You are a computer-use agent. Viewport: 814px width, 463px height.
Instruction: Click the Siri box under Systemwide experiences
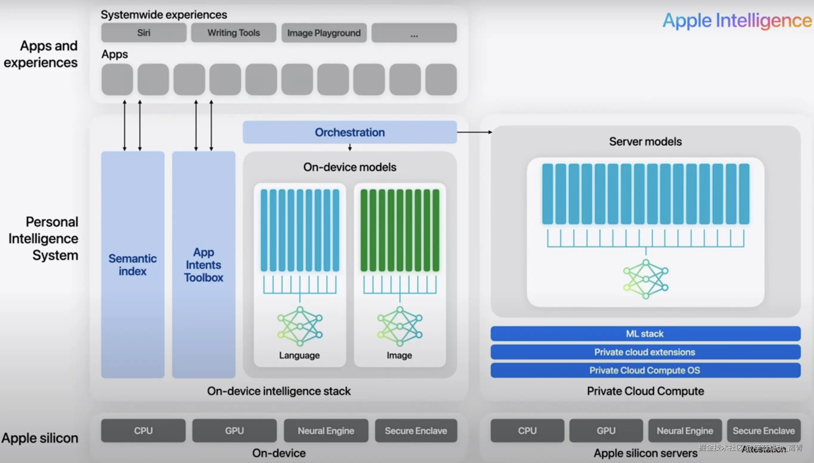pos(144,33)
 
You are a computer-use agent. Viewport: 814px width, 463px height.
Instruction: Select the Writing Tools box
pos(233,33)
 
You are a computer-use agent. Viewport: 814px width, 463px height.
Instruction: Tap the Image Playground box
pos(324,33)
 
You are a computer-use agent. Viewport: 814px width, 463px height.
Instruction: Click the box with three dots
pos(414,33)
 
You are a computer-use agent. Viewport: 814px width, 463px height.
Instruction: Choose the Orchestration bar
pos(350,132)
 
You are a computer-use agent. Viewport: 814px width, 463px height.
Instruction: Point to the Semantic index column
pos(133,265)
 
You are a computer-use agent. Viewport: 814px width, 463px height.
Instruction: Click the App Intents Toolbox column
pos(204,265)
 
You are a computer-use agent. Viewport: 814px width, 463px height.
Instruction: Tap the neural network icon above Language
pos(300,326)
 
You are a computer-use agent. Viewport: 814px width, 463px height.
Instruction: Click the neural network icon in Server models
pos(646,279)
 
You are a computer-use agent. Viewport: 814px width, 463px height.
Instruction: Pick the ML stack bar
pos(645,334)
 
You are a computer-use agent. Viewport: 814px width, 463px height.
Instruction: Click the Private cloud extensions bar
pos(645,352)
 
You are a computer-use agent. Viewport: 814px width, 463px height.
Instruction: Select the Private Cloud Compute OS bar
pos(645,370)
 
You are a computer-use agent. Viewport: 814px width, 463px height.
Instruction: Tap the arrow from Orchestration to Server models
pos(474,132)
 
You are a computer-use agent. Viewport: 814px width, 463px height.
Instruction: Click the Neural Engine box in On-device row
pos(326,431)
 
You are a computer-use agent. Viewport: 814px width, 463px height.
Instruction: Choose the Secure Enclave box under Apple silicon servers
pos(764,431)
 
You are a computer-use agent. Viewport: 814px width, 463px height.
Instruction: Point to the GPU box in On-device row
pos(235,431)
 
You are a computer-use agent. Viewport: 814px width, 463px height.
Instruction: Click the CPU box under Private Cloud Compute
pos(527,431)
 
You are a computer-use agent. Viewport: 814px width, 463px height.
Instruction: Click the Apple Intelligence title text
pos(737,21)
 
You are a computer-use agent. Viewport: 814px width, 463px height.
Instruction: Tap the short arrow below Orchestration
pos(350,147)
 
